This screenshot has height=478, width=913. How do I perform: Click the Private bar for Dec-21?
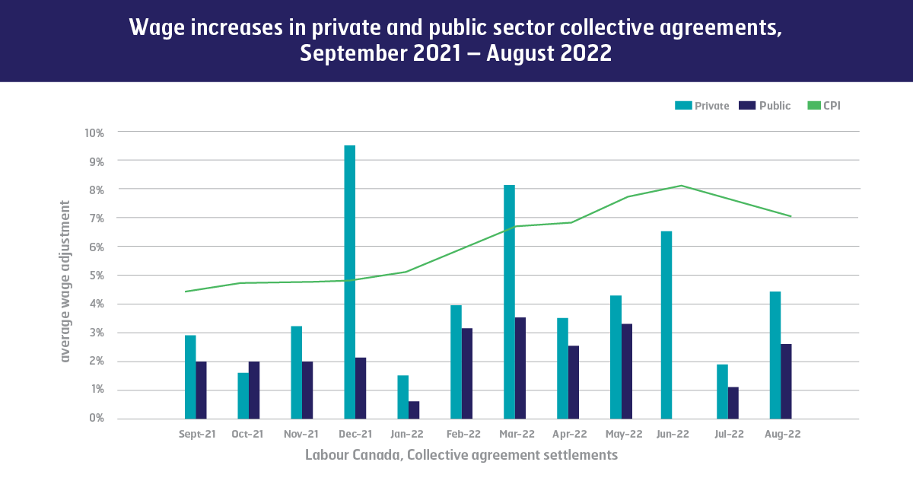[x=349, y=282]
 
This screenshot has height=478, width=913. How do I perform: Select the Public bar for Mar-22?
[x=520, y=368]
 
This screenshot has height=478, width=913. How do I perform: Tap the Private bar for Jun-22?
[x=666, y=325]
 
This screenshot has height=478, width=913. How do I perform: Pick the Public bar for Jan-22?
[x=414, y=410]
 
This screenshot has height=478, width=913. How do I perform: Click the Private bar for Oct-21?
[x=243, y=395]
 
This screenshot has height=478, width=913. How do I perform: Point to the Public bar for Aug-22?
[x=786, y=381]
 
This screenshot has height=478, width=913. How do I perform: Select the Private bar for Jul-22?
[x=721, y=391]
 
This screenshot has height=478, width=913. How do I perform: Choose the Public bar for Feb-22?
[x=467, y=374]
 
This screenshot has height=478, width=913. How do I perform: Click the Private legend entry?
[x=702, y=106]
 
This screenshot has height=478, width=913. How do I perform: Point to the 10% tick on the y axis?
[x=94, y=132]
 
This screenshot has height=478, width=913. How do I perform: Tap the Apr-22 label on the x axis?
[x=570, y=435]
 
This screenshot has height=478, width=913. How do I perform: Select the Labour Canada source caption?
[x=461, y=455]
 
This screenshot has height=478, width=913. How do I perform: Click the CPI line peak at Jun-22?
[x=681, y=186]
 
